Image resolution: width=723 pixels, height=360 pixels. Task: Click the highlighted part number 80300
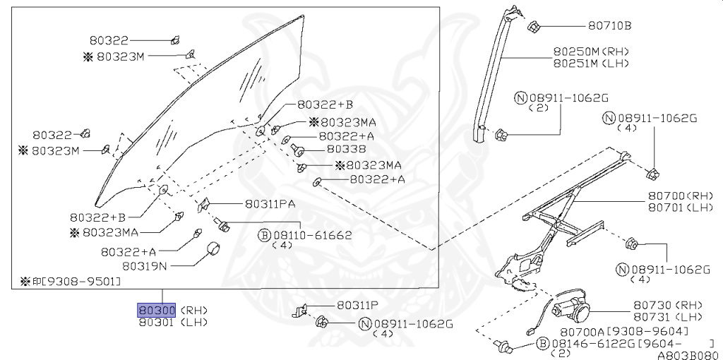[157, 310]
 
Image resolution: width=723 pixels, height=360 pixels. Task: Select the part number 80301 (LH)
[157, 322]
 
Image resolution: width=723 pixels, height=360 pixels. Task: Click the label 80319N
[145, 266]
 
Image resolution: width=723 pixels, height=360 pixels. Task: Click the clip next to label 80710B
[534, 28]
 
